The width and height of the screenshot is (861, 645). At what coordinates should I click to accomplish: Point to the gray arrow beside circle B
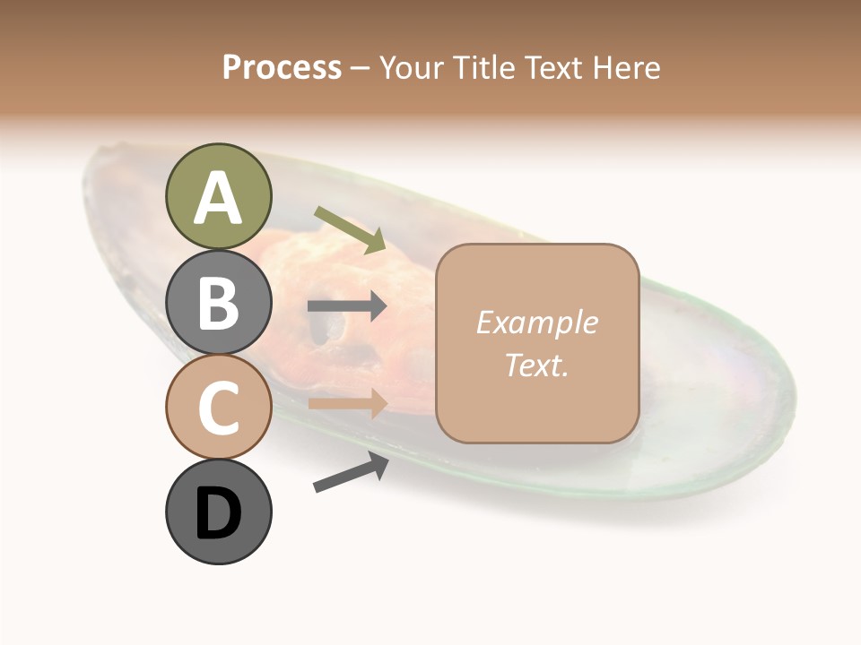pyautogui.click(x=347, y=306)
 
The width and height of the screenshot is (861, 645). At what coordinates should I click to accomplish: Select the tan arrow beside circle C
pyautogui.click(x=347, y=403)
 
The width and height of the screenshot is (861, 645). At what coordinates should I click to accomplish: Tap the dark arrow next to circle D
pyautogui.click(x=351, y=472)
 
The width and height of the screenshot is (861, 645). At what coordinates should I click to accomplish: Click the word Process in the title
pyautogui.click(x=282, y=68)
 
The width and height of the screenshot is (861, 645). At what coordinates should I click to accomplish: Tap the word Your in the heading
pyautogui.click(x=412, y=68)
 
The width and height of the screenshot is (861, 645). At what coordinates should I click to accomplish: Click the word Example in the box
pyautogui.click(x=536, y=322)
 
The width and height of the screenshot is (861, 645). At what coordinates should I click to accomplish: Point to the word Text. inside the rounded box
pyautogui.click(x=536, y=365)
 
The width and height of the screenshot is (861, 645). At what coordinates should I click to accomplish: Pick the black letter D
pyautogui.click(x=218, y=515)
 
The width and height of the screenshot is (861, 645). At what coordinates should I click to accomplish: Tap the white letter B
pyautogui.click(x=218, y=303)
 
